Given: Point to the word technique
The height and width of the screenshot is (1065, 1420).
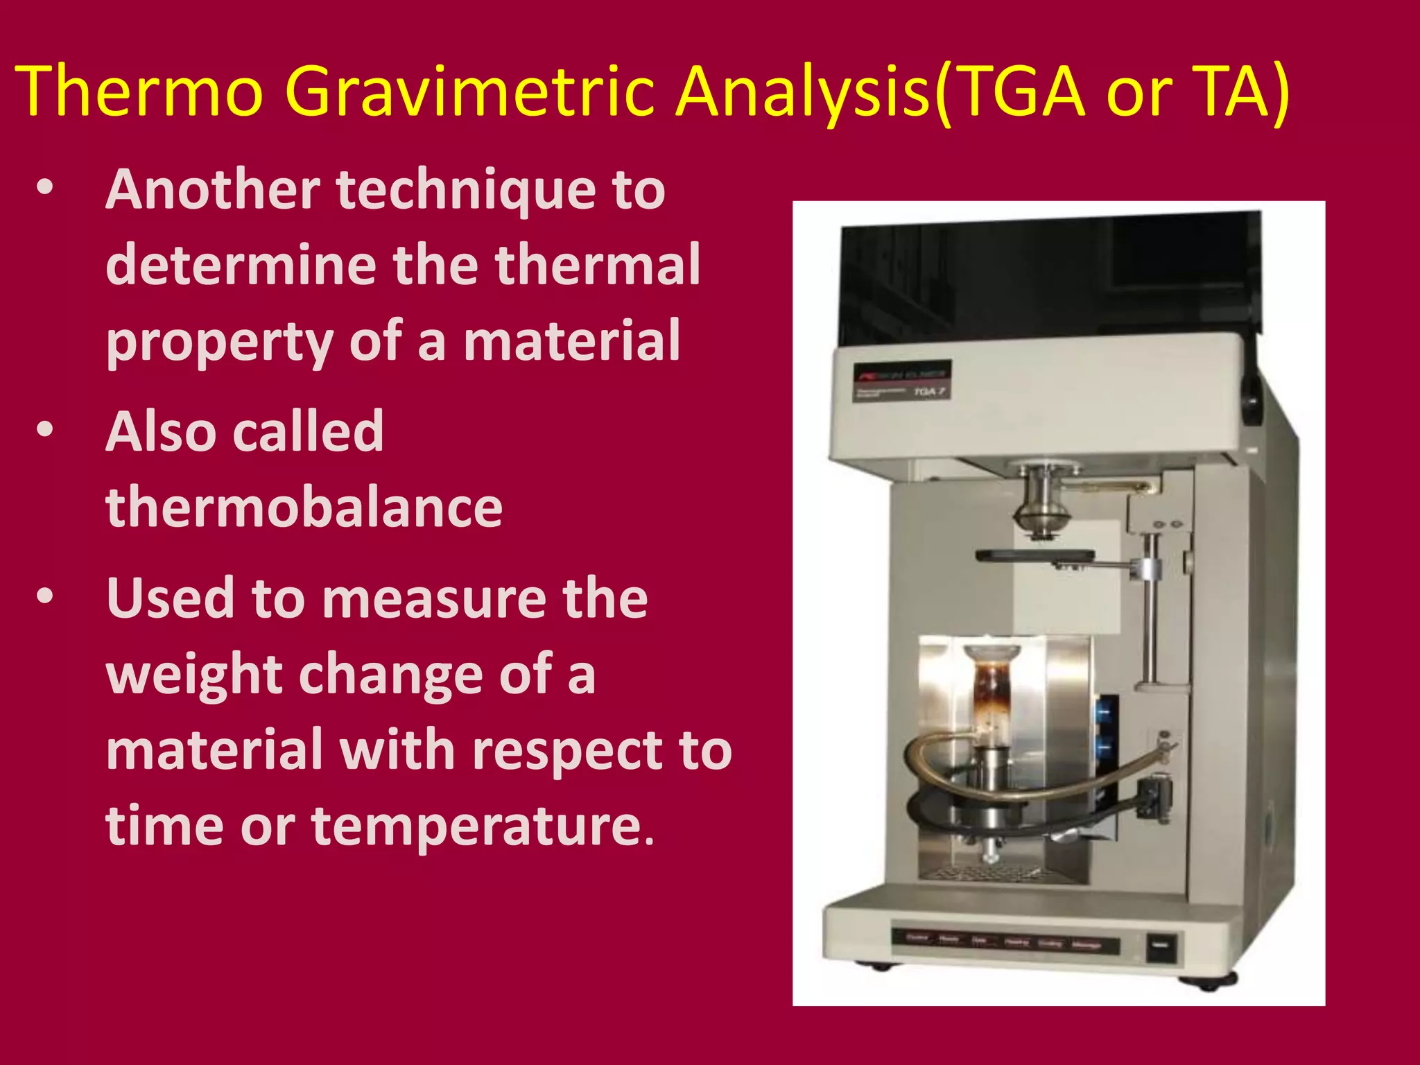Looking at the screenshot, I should tap(465, 190).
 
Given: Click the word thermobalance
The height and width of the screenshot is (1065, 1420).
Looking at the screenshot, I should tap(304, 507).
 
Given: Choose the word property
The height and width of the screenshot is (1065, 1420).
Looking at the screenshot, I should tap(219, 342).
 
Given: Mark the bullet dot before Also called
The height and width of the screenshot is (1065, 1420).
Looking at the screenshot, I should tap(45, 430).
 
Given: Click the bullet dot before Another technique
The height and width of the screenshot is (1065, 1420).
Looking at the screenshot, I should tap(45, 189).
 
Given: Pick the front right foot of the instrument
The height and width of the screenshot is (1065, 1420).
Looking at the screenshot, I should tap(1207, 982).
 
